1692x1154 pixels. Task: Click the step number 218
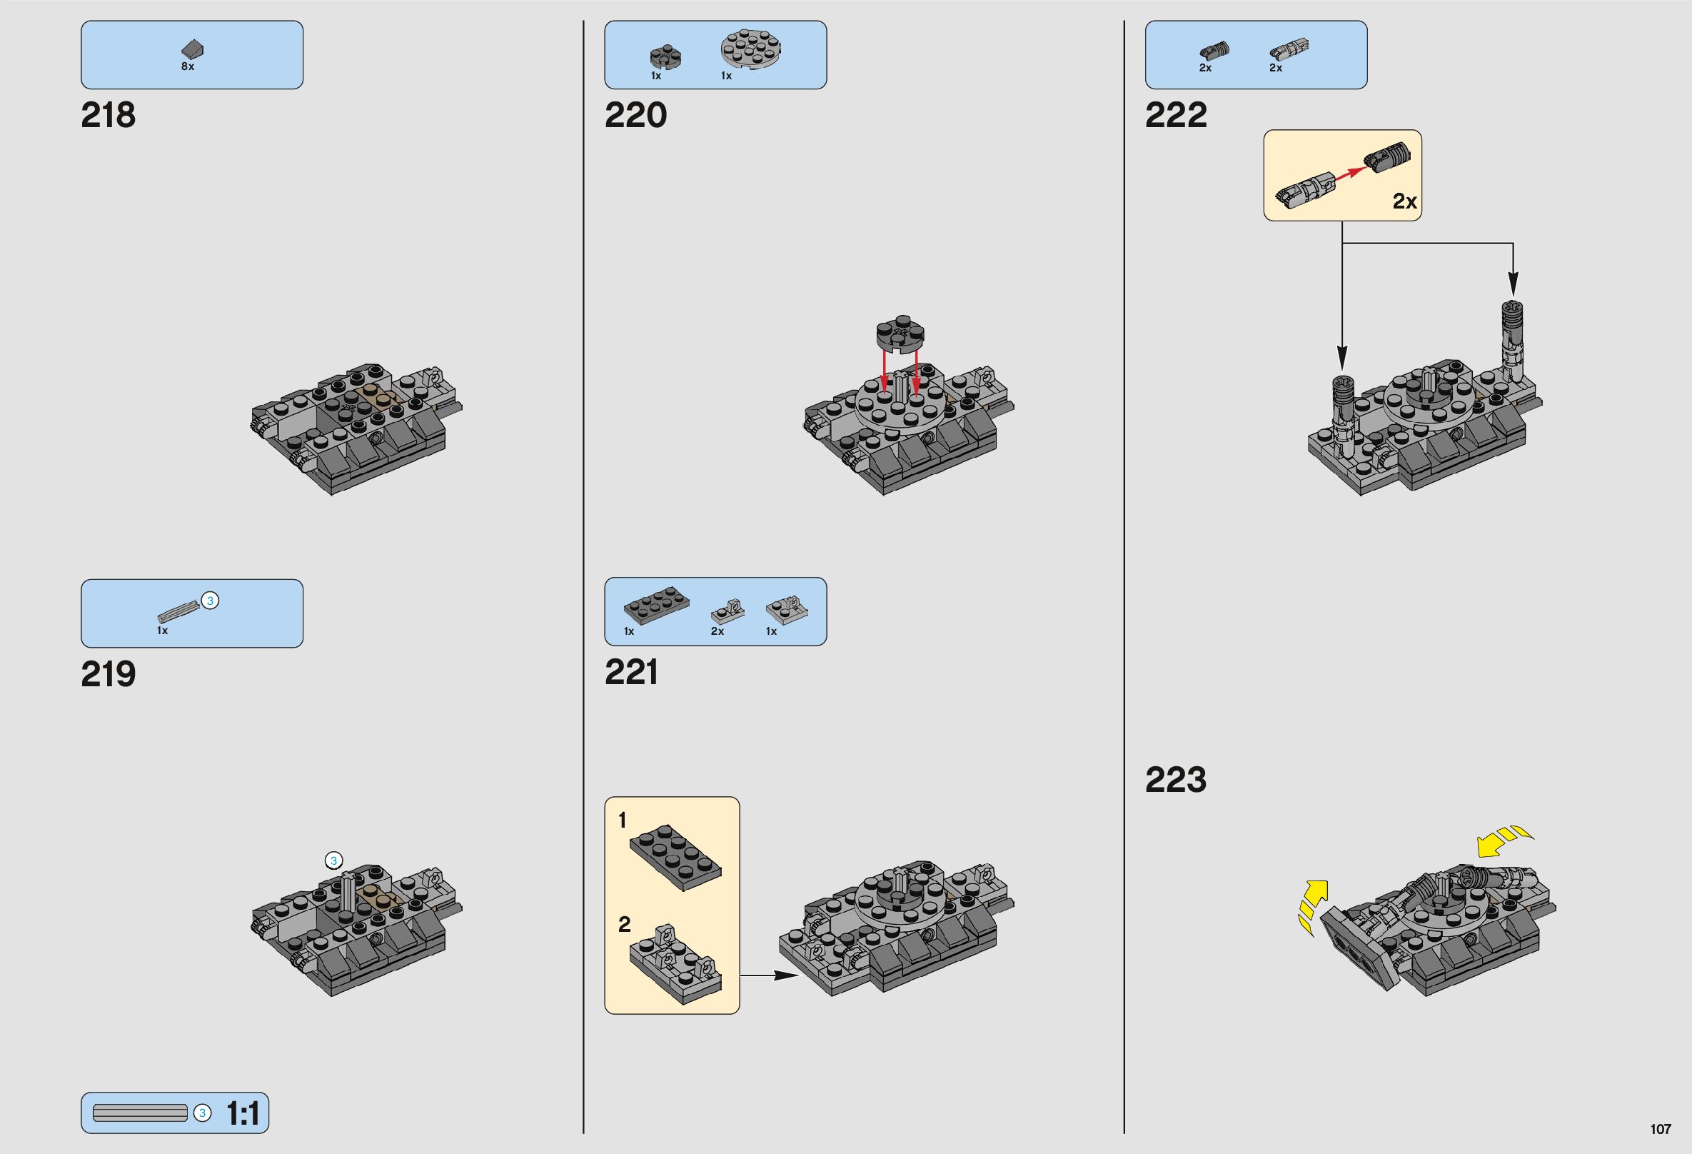[x=108, y=115]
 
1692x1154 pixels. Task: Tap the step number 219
[x=108, y=674]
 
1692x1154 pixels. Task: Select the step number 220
[x=635, y=115]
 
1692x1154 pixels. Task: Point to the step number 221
[x=630, y=672]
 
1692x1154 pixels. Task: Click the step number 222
[x=1175, y=115]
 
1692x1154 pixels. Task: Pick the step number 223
[x=1175, y=780]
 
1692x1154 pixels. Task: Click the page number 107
[x=1660, y=1129]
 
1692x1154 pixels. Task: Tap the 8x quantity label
[x=187, y=66]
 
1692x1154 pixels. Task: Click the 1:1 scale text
[x=243, y=1113]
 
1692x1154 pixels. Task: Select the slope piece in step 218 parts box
[x=192, y=49]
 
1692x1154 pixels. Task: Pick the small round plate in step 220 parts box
[x=665, y=57]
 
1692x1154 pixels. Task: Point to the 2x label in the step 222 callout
[x=1404, y=201]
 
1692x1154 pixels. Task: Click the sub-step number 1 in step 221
[x=622, y=821]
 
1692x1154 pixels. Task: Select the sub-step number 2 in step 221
[x=624, y=925]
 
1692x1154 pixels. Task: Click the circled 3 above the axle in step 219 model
[x=333, y=861]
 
